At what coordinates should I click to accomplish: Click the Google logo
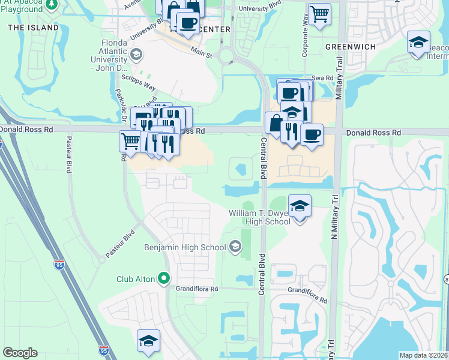click(20, 353)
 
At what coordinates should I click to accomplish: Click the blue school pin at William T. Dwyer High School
click(300, 206)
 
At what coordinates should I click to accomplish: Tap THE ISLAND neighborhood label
click(34, 28)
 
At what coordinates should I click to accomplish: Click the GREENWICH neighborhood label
click(350, 46)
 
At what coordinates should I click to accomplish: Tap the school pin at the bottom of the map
click(148, 341)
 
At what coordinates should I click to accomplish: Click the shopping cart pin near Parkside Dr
click(131, 142)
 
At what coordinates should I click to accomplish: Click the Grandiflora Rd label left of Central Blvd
click(197, 289)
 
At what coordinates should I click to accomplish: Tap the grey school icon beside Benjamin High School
click(235, 247)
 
